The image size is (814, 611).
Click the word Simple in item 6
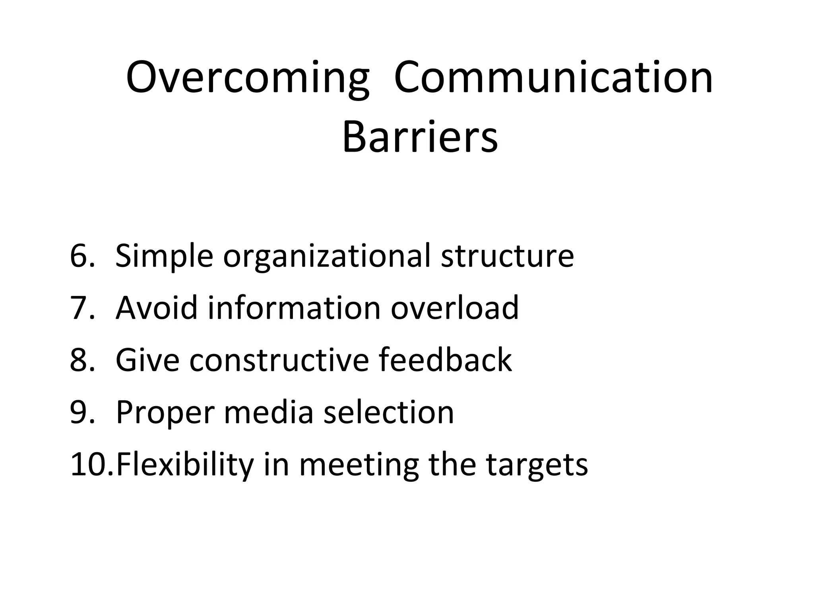tap(164, 256)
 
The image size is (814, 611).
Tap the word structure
tap(507, 256)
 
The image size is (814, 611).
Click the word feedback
tap(445, 360)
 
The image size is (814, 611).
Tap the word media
tap(269, 412)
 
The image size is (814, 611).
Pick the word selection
tap(388, 412)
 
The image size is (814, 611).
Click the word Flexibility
tap(185, 464)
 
